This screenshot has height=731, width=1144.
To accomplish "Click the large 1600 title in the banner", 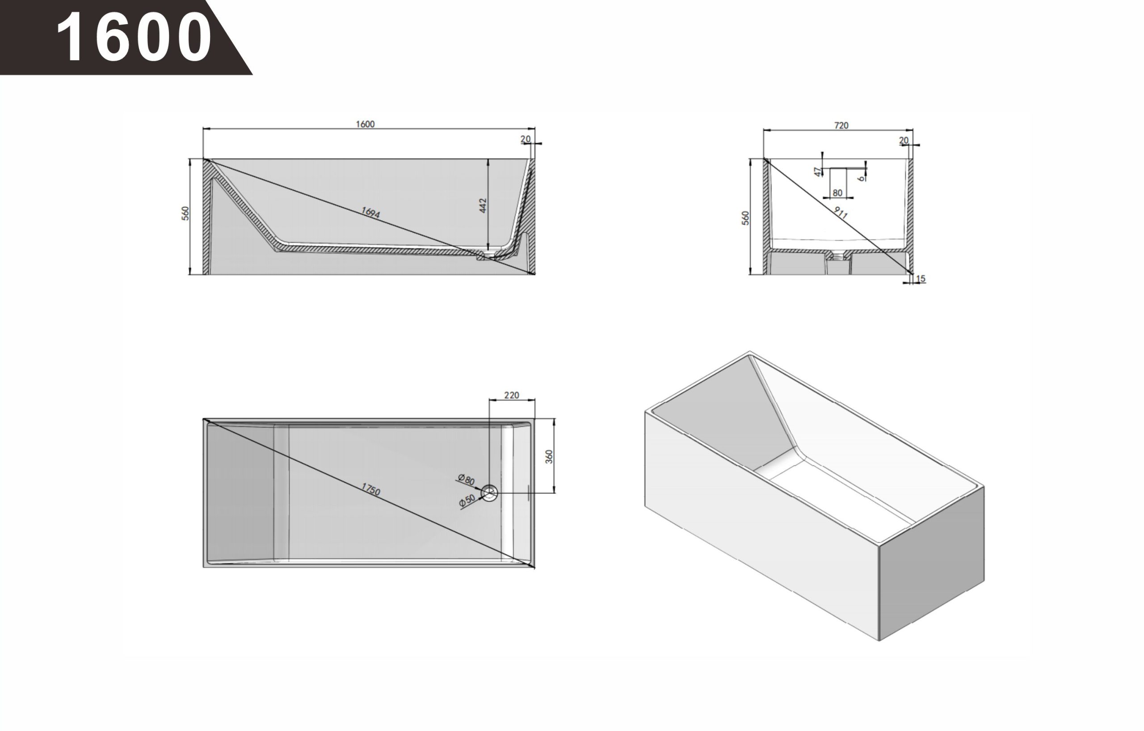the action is click(134, 37).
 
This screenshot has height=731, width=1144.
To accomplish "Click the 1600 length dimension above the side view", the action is click(366, 125).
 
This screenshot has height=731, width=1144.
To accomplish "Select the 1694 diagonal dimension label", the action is click(370, 213).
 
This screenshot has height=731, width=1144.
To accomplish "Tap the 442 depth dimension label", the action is click(483, 205).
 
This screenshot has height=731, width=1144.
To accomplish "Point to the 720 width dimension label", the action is click(841, 126).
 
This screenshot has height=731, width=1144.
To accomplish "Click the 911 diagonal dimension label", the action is click(841, 213).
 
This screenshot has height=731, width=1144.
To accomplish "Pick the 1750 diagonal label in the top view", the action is click(370, 489).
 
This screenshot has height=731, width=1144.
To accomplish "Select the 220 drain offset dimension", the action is click(511, 395).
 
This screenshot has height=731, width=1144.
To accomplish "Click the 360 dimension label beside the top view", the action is click(549, 457).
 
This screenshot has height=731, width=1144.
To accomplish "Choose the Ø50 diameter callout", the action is click(467, 500).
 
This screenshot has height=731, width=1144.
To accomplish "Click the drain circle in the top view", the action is click(489, 493).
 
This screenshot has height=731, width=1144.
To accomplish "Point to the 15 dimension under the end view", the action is click(921, 279).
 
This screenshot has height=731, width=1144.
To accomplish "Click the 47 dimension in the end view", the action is click(818, 171).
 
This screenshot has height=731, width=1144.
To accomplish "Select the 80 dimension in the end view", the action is click(837, 193).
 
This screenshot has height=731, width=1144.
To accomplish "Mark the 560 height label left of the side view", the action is click(186, 213).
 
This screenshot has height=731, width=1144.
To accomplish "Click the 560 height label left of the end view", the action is click(746, 218).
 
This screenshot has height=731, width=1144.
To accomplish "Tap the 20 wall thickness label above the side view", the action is click(526, 139).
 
